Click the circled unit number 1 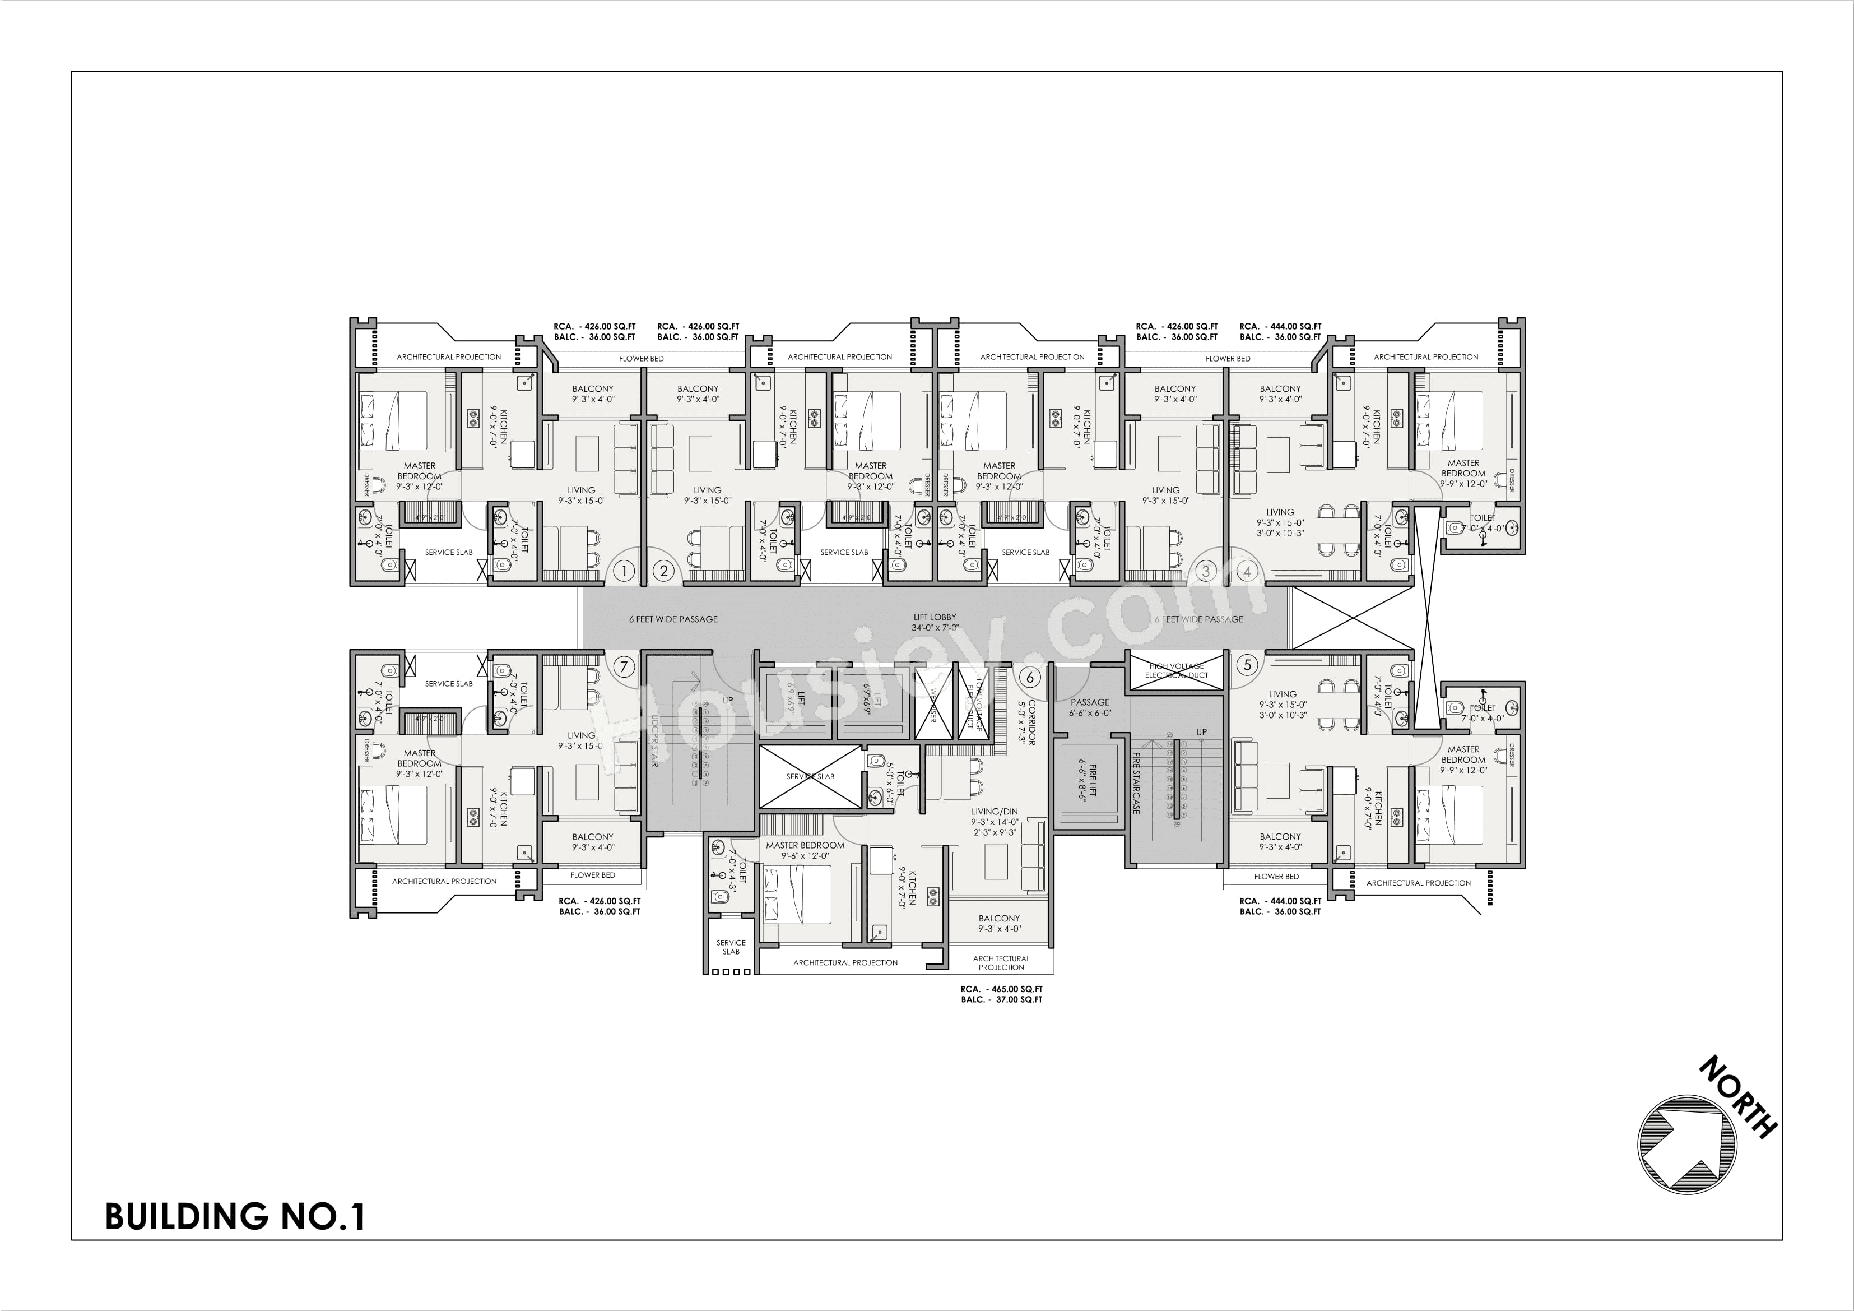[624, 571]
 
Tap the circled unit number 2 [664, 571]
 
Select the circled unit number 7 [624, 666]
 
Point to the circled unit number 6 [1030, 677]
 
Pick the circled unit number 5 [1248, 665]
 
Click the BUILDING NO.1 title [235, 1216]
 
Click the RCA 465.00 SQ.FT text [1001, 989]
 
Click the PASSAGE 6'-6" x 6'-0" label [1090, 707]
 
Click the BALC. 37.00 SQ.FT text [1001, 1000]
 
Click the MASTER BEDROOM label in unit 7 [419, 758]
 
